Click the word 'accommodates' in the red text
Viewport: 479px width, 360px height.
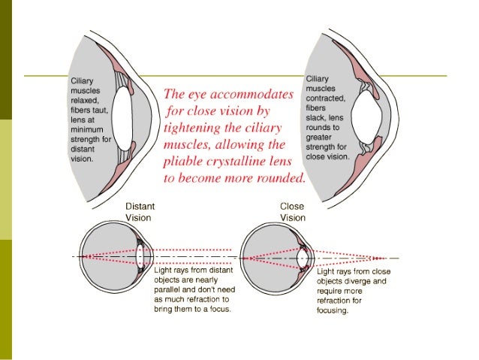pos(252,95)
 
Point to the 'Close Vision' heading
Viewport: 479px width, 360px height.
pos(292,211)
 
